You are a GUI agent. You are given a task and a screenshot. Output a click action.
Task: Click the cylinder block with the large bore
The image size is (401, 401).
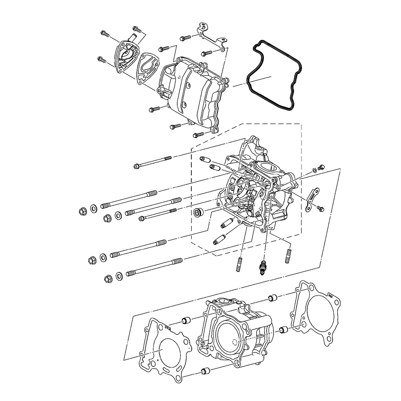coord(237,333)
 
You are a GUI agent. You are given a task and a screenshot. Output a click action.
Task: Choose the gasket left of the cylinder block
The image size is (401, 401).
coord(164,349)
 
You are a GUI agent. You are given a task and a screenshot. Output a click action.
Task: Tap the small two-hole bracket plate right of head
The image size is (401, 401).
coord(311,198)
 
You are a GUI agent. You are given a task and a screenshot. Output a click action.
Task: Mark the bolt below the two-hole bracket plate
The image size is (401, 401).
coord(320,208)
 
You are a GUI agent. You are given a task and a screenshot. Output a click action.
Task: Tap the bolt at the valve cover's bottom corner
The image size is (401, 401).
coord(198,135)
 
